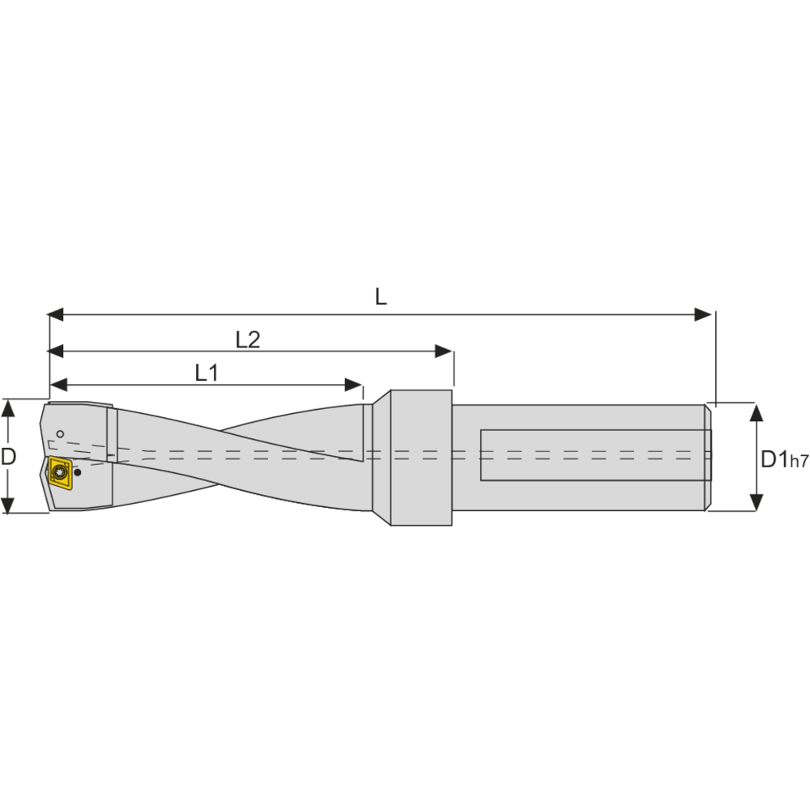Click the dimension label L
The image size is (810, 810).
click(381, 297)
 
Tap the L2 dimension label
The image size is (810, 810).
click(248, 340)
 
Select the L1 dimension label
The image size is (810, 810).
click(207, 373)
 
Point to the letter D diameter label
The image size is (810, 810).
click(8, 457)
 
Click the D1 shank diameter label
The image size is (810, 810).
click(775, 459)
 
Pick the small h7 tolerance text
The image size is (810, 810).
click(799, 462)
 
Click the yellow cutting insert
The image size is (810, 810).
click(60, 471)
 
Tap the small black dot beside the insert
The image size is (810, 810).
click(78, 472)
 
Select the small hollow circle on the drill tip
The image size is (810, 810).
click(60, 434)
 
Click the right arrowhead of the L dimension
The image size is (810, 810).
click(703, 314)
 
